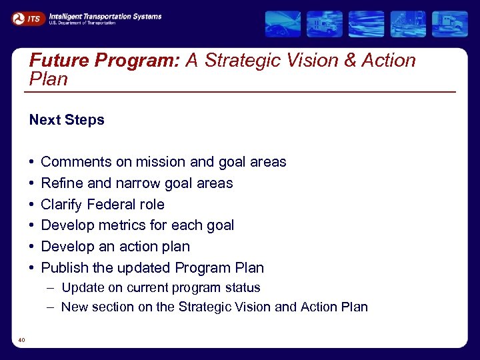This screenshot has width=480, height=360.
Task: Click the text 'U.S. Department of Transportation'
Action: pyautogui.click(x=82, y=23)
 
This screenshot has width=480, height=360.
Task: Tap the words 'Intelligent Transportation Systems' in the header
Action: pyautogui.click(x=105, y=15)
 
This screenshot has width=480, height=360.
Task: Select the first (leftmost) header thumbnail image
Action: pyautogui.click(x=283, y=24)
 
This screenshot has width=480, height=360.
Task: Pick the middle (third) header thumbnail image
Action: pyautogui.click(x=366, y=24)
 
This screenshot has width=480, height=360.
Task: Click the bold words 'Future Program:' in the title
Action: pyautogui.click(x=105, y=61)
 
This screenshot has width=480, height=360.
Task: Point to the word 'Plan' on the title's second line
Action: pyautogui.click(x=49, y=79)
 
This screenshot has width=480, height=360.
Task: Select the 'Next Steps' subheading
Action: pyautogui.click(x=67, y=120)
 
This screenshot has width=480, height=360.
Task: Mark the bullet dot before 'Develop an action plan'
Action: pyautogui.click(x=32, y=247)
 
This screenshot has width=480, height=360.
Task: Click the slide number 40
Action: pyautogui.click(x=22, y=341)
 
